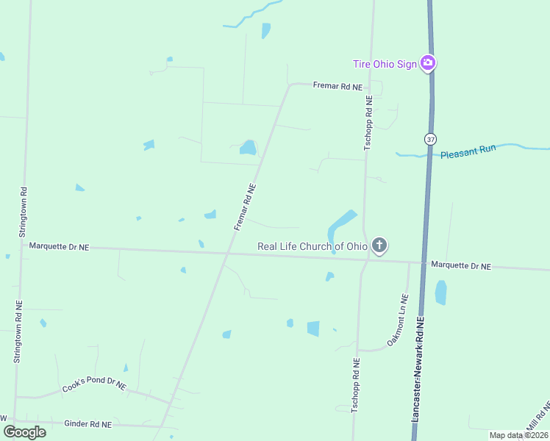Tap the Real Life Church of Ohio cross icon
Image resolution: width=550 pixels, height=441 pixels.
(379, 245)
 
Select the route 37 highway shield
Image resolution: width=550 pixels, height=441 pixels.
(430, 139)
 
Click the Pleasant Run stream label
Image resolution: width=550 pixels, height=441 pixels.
(468, 152)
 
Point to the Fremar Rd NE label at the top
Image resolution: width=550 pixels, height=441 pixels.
(337, 87)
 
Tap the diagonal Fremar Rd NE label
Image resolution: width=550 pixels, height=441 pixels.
(245, 207)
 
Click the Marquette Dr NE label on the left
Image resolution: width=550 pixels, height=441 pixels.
(59, 248)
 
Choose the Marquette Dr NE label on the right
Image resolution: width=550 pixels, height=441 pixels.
(460, 265)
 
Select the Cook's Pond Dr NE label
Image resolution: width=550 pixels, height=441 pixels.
(94, 385)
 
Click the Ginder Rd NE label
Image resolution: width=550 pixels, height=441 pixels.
(88, 424)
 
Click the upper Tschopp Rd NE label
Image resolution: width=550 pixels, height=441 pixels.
(368, 123)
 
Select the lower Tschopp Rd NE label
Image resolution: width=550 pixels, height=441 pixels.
(355, 384)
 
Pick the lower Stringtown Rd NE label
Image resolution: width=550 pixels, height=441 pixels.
(18, 331)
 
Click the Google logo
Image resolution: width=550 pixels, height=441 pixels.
(24, 432)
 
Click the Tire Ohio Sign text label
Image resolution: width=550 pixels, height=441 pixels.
(385, 64)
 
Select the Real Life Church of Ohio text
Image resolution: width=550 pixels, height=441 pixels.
(312, 246)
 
